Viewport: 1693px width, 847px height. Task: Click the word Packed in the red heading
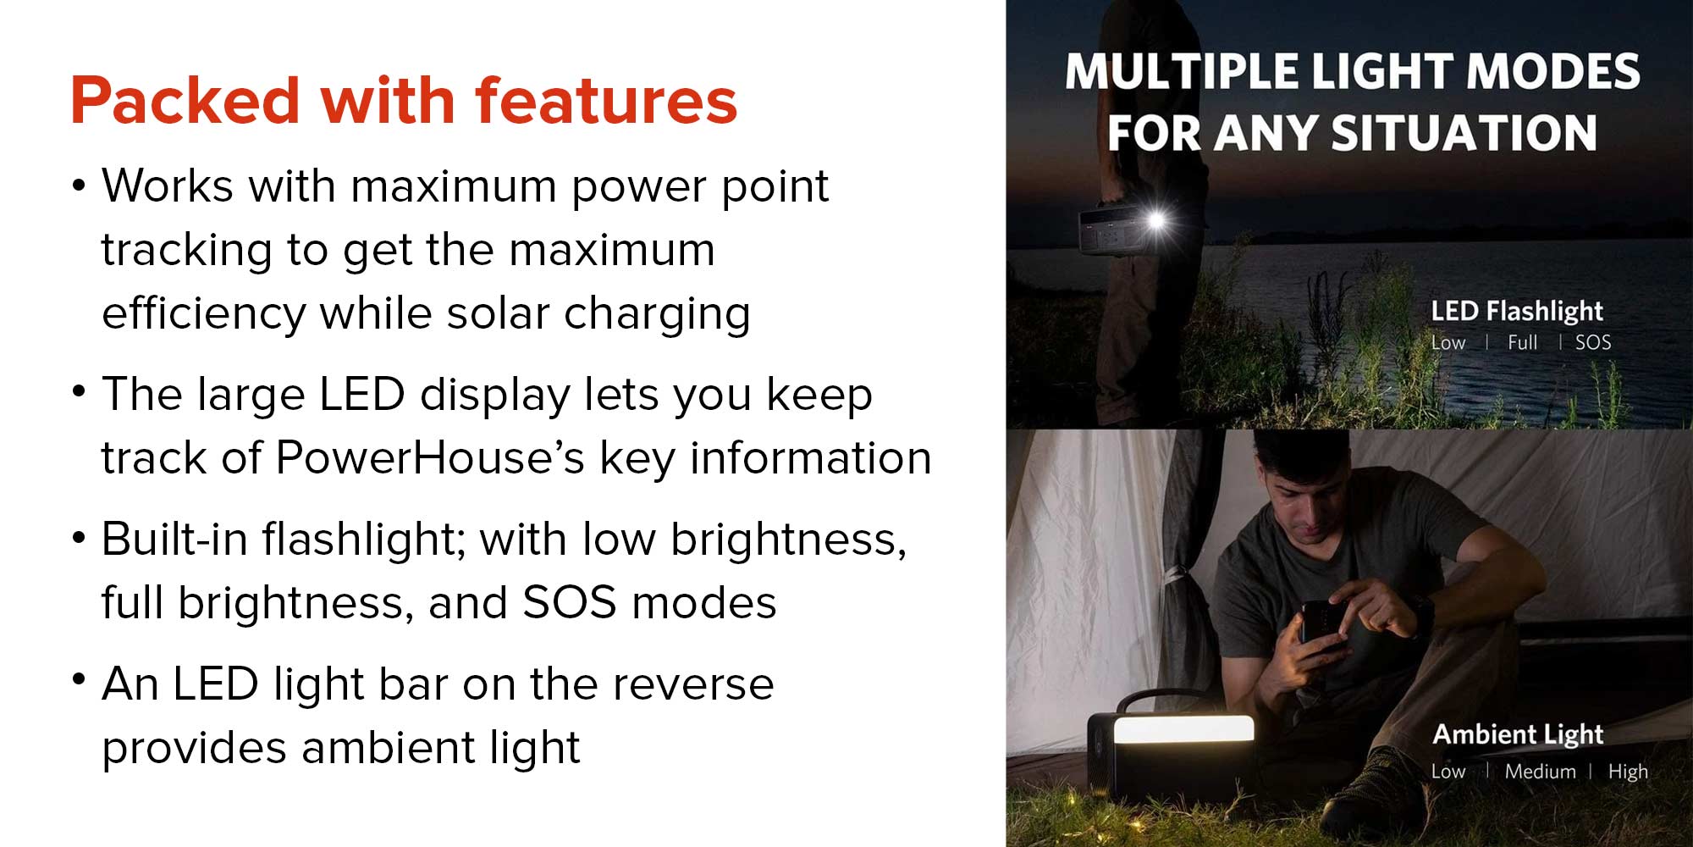185,101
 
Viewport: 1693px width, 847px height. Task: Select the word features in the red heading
606,101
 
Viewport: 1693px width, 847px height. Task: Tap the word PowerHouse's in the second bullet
430,458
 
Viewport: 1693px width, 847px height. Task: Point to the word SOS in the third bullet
570,603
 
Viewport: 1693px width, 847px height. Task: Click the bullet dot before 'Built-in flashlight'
80,537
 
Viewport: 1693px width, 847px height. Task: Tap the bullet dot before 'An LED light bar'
80,678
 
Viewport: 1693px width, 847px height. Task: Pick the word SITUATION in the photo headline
1464,134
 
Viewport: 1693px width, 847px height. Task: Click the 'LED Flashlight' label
1517,311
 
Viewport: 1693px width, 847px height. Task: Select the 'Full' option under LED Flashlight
1522,342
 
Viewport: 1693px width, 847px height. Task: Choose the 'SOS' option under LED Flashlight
1593,342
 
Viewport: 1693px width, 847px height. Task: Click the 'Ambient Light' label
1518,734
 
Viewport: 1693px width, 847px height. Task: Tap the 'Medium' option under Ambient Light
1541,772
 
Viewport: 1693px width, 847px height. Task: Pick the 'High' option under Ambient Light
1628,772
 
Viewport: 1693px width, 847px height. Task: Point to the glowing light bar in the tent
1183,730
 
